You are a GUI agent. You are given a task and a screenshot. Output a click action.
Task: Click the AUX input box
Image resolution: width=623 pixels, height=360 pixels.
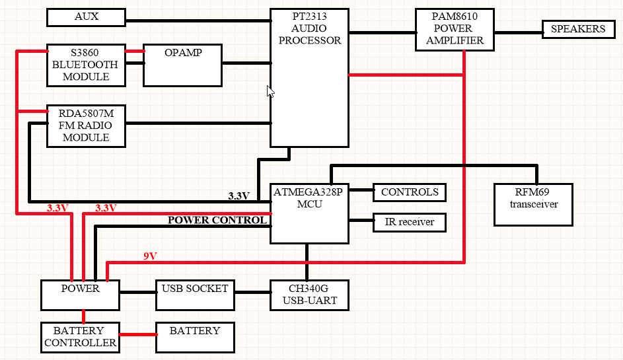[86, 18]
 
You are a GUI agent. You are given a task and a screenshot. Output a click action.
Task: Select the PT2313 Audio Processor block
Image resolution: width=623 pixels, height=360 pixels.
[309, 77]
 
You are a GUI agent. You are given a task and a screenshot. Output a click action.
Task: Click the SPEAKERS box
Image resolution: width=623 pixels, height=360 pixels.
[577, 29]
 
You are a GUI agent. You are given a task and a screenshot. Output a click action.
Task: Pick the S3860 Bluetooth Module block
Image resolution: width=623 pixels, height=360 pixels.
[86, 65]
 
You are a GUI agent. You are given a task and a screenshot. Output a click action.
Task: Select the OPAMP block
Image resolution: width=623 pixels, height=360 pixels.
[182, 65]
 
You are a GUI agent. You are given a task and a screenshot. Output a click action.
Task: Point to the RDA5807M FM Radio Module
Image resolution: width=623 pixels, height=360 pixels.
[86, 126]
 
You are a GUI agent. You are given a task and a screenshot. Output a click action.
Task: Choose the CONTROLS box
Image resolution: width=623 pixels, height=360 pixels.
[409, 192]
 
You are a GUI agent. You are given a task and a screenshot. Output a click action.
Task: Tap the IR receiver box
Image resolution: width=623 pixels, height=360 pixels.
[409, 222]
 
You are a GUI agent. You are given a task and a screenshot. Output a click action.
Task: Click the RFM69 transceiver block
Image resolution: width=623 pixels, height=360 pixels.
[533, 205]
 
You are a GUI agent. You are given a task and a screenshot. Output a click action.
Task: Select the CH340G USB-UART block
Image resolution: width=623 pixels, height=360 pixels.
[309, 295]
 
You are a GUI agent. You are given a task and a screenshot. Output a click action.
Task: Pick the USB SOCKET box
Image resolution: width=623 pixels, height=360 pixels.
[195, 295]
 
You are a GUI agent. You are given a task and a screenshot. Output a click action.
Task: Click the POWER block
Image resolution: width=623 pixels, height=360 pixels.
[81, 295]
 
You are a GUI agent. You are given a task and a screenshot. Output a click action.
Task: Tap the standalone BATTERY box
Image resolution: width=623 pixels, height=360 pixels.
[195, 337]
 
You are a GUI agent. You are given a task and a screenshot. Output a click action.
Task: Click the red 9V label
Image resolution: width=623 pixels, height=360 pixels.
[151, 256]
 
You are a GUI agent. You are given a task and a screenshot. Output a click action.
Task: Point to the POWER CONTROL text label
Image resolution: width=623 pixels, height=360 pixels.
[217, 220]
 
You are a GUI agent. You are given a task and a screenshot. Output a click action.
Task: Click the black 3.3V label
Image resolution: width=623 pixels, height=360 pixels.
[238, 196]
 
